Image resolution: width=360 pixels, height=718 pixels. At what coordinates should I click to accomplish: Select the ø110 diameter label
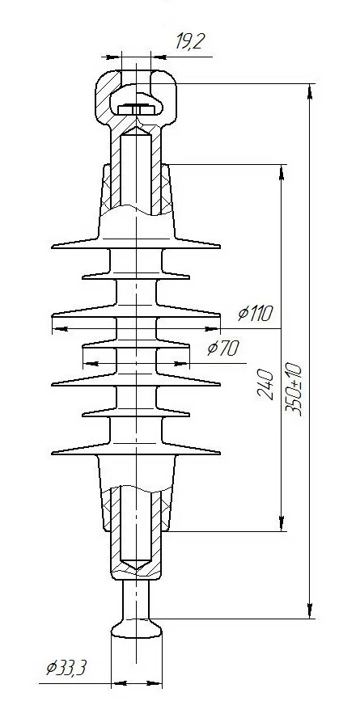[x=256, y=314]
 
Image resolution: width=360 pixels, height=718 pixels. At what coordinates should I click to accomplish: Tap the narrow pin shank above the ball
[x=137, y=598]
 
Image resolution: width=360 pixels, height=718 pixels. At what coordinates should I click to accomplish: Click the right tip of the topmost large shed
[x=219, y=245]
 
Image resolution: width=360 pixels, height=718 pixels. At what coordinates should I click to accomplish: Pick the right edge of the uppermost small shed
[x=189, y=275]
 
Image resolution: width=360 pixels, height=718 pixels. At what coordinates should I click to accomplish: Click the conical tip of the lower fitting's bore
[x=136, y=564]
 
